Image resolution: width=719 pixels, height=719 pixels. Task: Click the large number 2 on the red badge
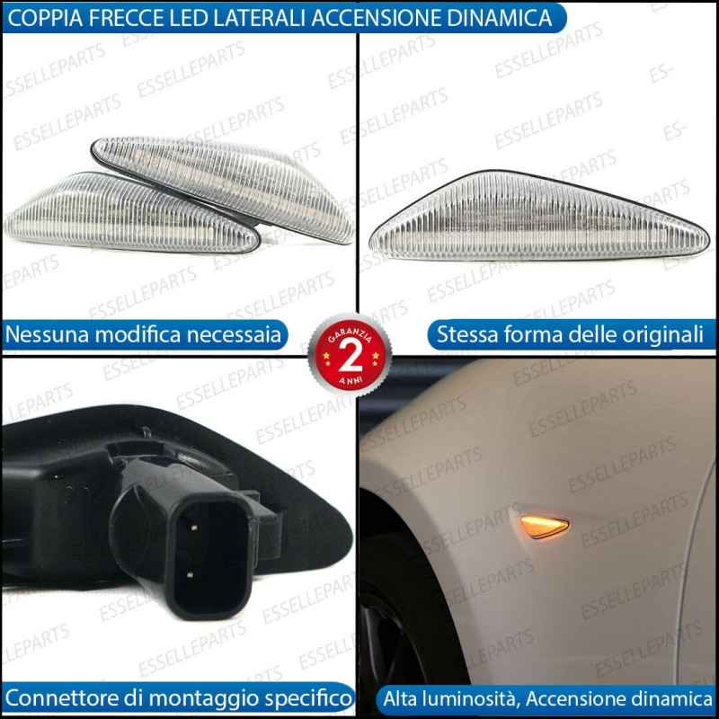coord(351,358)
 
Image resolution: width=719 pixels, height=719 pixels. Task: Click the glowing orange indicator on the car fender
coord(545,526)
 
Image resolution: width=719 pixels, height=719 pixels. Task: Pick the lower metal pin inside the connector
coord(190,574)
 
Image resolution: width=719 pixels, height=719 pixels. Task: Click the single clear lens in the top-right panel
coord(539,217)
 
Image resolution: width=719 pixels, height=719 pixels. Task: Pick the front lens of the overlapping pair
coord(130,213)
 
